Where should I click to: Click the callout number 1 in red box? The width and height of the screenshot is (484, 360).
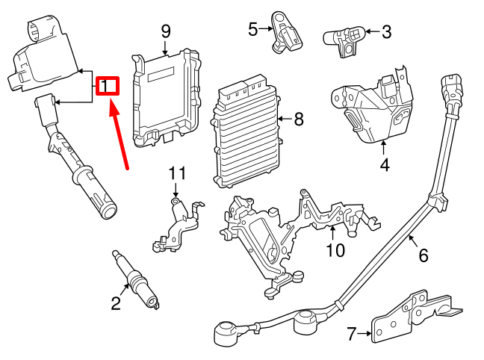click(x=108, y=87)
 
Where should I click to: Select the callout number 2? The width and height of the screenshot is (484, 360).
click(x=116, y=302)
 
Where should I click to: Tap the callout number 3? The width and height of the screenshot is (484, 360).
click(x=386, y=31)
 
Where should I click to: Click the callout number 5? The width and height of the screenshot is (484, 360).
click(x=252, y=29)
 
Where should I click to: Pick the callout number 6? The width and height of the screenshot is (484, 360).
click(x=423, y=255)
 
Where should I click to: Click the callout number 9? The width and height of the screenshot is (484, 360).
click(x=166, y=31)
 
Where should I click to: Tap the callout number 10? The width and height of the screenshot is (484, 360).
click(x=335, y=250)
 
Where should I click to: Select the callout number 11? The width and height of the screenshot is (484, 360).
click(x=176, y=174)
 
